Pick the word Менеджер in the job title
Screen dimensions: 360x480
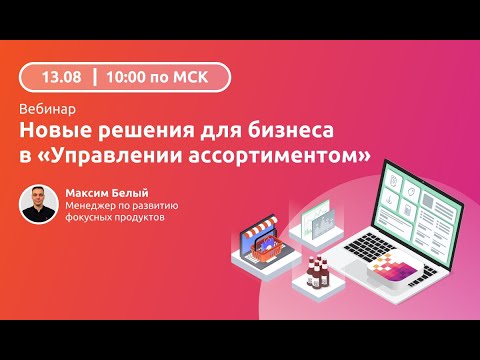[x=87, y=205]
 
